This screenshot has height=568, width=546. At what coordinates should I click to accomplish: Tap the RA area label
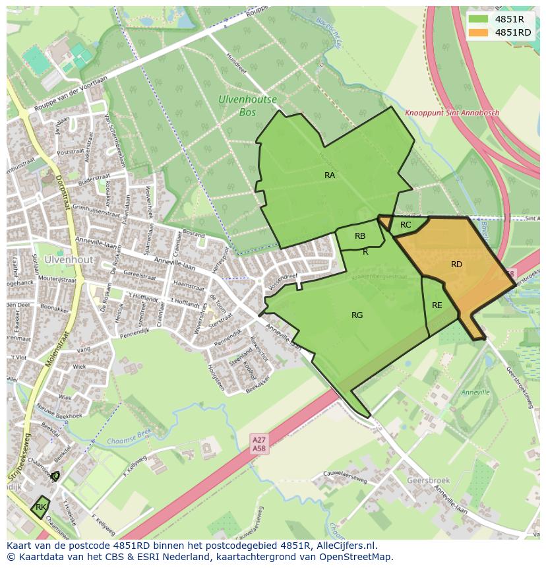pyautogui.click(x=330, y=175)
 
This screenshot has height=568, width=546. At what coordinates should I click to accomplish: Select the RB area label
pyautogui.click(x=360, y=236)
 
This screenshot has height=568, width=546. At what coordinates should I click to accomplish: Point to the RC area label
pyautogui.click(x=406, y=225)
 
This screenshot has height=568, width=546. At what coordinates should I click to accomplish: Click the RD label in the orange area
pyautogui.click(x=456, y=265)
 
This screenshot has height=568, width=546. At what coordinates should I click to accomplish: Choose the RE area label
pyautogui.click(x=437, y=305)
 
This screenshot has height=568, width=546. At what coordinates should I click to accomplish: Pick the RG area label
pyautogui.click(x=357, y=315)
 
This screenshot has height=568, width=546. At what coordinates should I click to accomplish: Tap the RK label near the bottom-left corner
pyautogui.click(x=41, y=507)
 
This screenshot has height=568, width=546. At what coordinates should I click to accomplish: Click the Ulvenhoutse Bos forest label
pyautogui.click(x=247, y=106)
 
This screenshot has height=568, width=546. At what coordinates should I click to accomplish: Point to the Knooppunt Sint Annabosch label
pyautogui.click(x=452, y=113)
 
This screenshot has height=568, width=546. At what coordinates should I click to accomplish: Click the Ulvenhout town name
pyautogui.click(x=69, y=260)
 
